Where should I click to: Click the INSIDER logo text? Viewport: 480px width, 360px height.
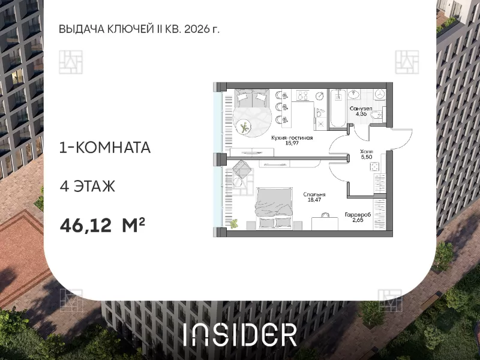coord(241,335)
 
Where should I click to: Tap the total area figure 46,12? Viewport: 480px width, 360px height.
coord(86,226)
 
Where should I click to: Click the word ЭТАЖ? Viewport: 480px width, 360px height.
coord(94,186)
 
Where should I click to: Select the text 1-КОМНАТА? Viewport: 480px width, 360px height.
coord(104,148)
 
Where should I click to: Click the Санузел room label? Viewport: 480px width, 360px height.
coord(361,109)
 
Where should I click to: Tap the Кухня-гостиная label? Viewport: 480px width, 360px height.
coord(292,138)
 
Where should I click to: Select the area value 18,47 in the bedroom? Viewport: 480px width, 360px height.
coord(314,200)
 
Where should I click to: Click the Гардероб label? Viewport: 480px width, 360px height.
coord(358,215)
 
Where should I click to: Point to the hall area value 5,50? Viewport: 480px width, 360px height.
coord(366,157)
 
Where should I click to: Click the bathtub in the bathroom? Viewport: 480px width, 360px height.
coord(338,108)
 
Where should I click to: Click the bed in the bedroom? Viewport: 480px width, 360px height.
coord(274,208)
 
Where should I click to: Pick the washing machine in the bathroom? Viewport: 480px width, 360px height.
coord(380,94)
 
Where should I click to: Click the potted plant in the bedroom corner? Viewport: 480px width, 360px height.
coord(234,224)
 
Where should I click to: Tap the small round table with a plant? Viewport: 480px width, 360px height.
coord(244,127)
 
